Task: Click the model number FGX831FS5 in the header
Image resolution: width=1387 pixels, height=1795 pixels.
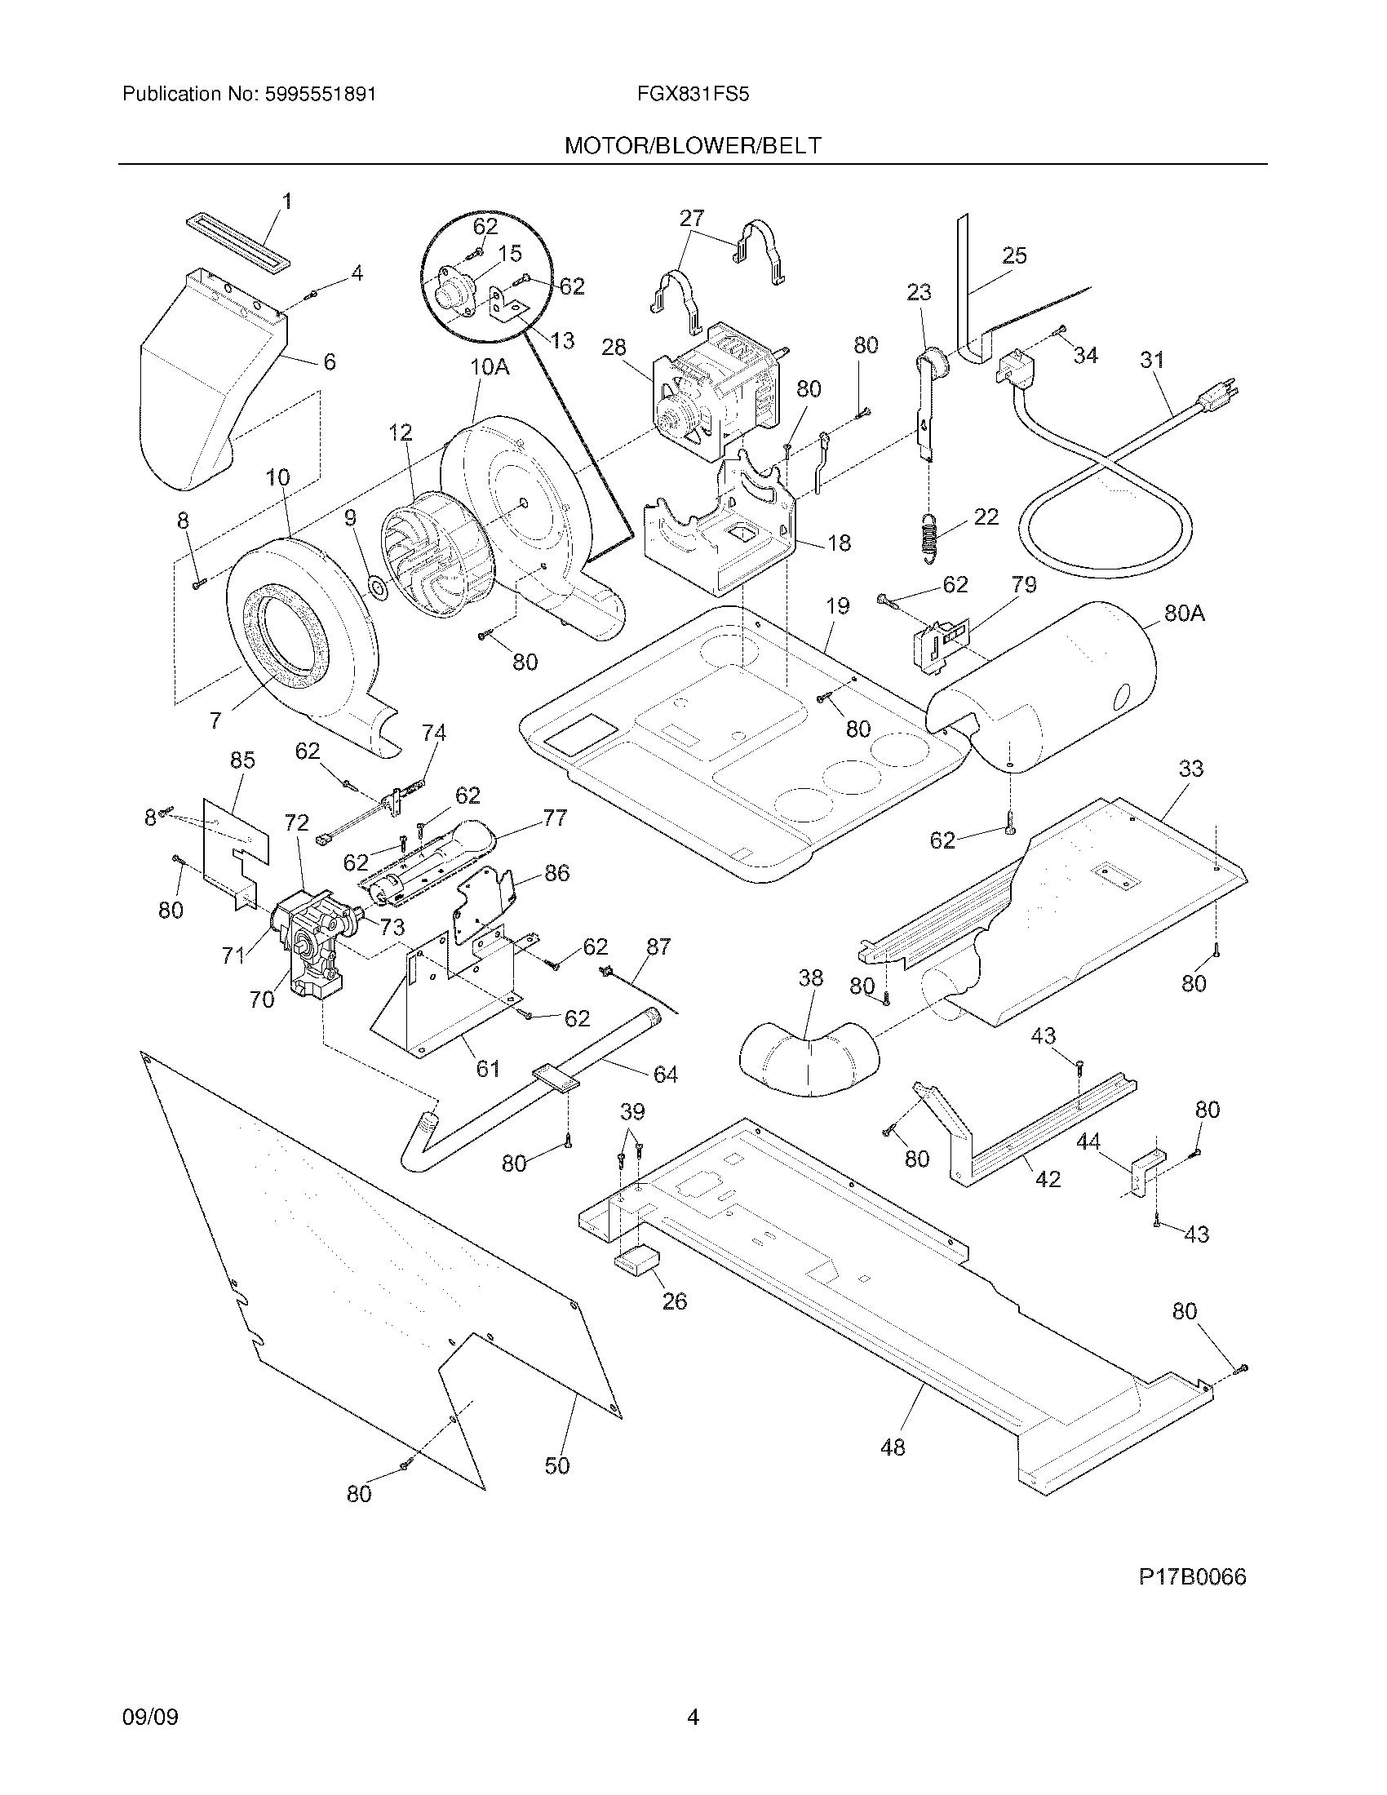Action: [x=693, y=95]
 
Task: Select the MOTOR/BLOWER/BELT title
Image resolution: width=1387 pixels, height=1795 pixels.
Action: [x=693, y=146]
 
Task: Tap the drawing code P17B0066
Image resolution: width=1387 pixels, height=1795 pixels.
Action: [x=1192, y=1576]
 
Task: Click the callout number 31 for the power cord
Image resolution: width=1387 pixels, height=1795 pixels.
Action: [x=1152, y=360]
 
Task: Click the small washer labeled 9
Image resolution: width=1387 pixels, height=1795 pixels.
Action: [x=378, y=587]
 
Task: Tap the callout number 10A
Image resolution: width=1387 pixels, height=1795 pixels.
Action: [x=490, y=366]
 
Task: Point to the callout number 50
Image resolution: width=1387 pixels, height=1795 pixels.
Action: [x=557, y=1465]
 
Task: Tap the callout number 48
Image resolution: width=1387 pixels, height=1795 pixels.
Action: [x=893, y=1447]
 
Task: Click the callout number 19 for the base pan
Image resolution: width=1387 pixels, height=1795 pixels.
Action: [x=837, y=606]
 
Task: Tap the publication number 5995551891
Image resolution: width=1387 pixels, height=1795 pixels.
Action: [x=320, y=95]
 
